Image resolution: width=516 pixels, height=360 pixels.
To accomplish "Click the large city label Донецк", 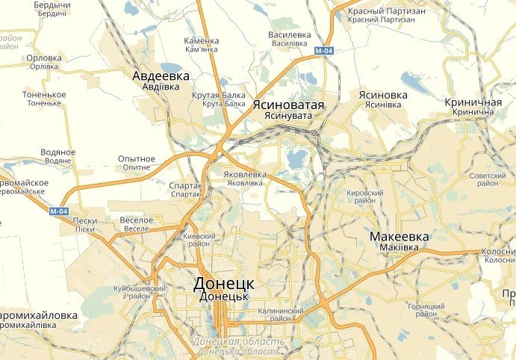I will [224, 285].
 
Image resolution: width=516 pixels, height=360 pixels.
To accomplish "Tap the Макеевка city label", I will [400, 238].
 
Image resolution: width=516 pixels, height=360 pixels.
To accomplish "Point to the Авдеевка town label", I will [161, 76].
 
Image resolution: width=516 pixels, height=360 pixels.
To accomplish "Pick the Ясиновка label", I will [383, 96].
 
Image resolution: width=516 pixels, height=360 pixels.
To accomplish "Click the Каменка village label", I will [202, 40].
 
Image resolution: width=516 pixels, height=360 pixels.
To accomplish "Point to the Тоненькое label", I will [44, 95].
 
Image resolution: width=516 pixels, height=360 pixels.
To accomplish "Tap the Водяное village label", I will [59, 152].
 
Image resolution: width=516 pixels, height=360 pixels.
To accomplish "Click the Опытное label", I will [137, 159].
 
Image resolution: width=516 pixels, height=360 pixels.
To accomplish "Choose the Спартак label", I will [186, 185].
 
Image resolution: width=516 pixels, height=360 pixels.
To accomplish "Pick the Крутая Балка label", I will [224, 95].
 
